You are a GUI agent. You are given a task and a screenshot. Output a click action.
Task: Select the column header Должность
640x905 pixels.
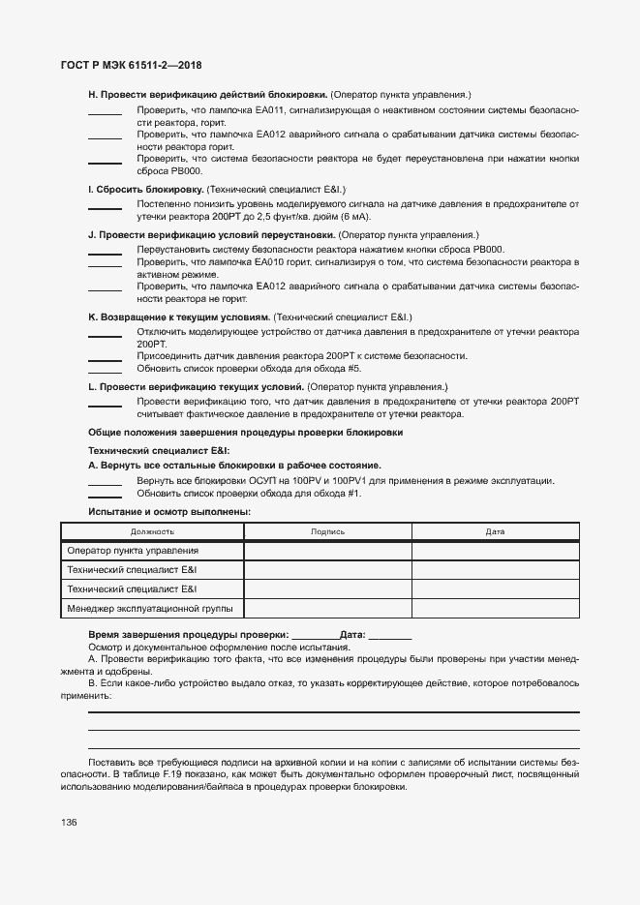(x=152, y=531)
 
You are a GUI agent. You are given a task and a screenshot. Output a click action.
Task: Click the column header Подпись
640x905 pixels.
(x=327, y=531)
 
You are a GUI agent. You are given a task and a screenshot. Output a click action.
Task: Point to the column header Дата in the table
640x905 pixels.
(x=495, y=531)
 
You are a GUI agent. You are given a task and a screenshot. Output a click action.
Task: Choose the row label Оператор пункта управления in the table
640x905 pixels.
(x=133, y=551)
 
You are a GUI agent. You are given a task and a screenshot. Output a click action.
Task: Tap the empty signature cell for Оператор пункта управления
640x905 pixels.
(x=327, y=551)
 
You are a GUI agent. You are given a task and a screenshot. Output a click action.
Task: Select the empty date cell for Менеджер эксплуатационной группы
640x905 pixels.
(x=495, y=609)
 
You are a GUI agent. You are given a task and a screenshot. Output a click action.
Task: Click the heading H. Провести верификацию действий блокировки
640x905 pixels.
(x=207, y=94)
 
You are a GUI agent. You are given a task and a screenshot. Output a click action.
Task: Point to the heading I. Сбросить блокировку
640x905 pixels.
(x=145, y=189)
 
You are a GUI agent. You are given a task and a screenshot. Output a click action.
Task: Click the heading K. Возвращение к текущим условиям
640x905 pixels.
(x=179, y=317)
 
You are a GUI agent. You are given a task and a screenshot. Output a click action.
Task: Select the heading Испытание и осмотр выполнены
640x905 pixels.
(x=168, y=511)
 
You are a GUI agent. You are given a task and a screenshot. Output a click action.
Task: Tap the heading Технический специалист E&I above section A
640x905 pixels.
(x=159, y=450)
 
